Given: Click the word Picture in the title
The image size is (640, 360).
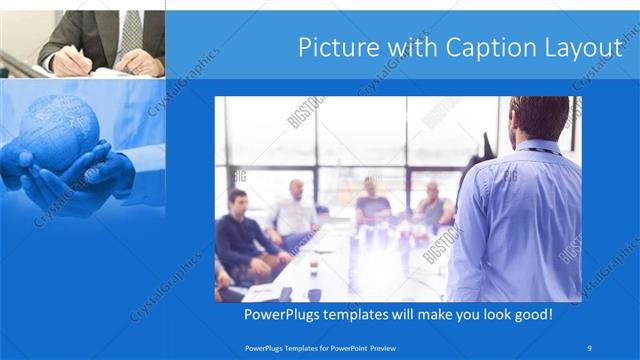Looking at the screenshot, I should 337,47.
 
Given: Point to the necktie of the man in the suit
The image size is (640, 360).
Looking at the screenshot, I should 131,31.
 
